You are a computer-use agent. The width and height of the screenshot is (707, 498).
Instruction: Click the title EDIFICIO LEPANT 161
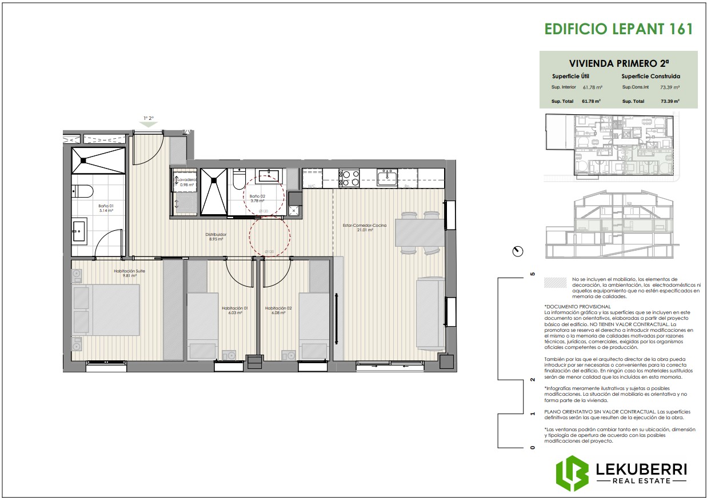(618, 29)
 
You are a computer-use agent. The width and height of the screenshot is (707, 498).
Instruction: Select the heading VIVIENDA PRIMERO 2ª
(619, 63)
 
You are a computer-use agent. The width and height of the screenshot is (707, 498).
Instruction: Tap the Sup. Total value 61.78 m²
(591, 101)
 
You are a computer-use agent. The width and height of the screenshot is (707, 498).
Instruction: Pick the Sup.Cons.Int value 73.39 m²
(669, 87)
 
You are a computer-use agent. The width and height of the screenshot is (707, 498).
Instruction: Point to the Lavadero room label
(187, 179)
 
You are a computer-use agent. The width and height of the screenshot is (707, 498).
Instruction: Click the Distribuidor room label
(216, 235)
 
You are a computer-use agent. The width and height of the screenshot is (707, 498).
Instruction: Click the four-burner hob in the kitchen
(349, 178)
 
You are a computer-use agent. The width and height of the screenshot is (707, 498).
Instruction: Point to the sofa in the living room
(431, 314)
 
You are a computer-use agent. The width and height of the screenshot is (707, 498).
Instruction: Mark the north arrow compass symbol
(518, 251)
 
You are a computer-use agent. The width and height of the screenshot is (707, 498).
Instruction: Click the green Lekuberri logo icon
(572, 473)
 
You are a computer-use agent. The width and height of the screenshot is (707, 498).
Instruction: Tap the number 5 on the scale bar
(533, 274)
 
